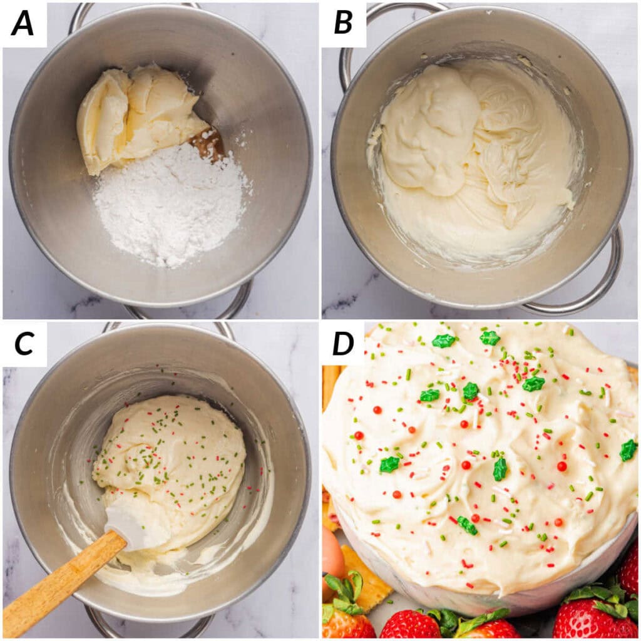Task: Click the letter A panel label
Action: pos(23,23)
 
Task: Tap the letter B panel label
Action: pos(343,23)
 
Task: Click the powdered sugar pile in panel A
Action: pos(169,207)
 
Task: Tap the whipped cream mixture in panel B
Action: pos(469,156)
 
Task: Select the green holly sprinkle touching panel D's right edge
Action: pos(628,450)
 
